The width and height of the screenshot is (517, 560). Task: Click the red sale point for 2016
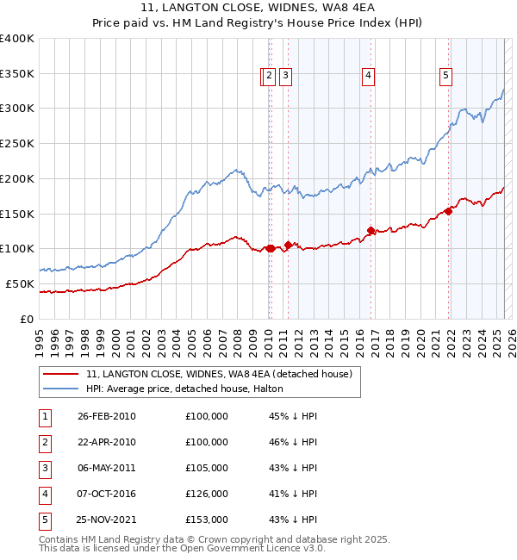(x=371, y=230)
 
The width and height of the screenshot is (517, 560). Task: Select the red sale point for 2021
(x=449, y=211)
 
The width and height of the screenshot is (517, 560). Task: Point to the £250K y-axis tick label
(x=17, y=143)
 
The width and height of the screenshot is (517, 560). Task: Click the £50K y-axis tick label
(x=20, y=283)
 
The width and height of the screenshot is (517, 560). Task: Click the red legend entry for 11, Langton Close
(x=219, y=375)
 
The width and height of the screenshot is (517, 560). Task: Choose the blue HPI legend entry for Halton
(x=190, y=389)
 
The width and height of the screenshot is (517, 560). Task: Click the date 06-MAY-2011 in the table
(x=107, y=468)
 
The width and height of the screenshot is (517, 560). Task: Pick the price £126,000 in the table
(x=207, y=494)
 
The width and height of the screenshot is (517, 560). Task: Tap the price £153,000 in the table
(x=207, y=520)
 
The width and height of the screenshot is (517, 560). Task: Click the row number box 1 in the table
(x=44, y=416)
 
